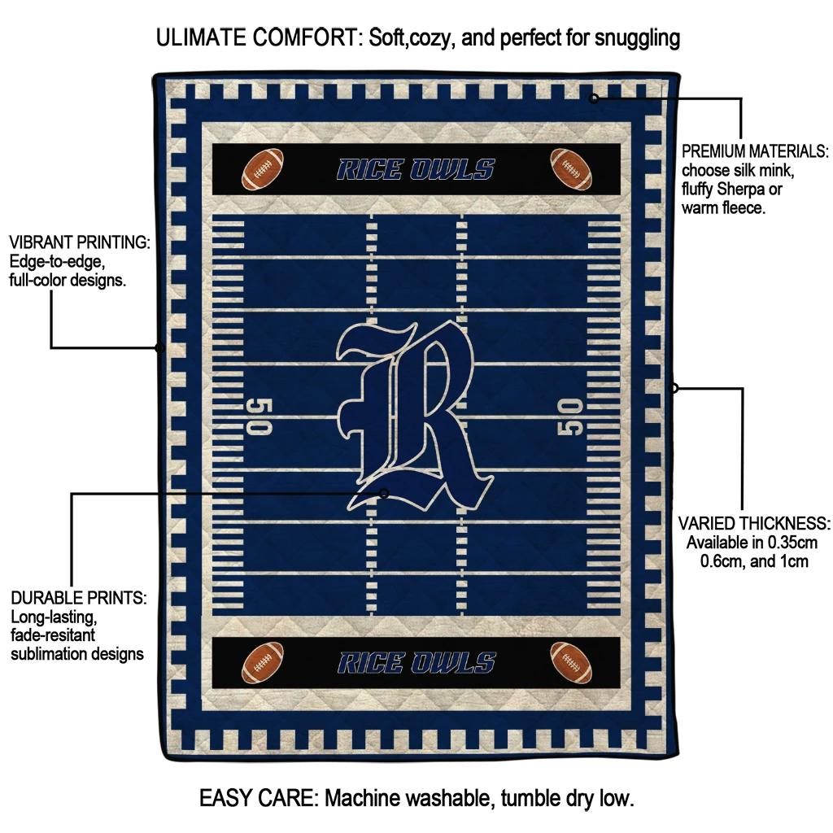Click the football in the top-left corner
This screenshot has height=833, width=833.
(263, 168)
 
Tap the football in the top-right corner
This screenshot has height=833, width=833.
(571, 168)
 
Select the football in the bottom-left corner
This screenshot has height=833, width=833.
(263, 662)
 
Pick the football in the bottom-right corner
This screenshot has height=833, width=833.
(571, 662)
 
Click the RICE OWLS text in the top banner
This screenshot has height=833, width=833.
(415, 169)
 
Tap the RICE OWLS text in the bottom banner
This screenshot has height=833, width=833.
(416, 663)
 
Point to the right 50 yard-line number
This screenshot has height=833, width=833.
(570, 416)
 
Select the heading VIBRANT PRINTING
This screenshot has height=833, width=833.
(80, 242)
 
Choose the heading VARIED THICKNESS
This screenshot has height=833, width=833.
(754, 523)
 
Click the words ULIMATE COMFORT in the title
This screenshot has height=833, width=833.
(256, 37)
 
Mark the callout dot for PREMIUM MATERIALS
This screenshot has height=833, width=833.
(594, 98)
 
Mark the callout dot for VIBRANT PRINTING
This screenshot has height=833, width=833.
(159, 348)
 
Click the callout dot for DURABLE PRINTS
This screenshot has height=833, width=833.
(385, 493)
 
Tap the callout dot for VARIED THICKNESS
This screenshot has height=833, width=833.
(674, 388)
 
